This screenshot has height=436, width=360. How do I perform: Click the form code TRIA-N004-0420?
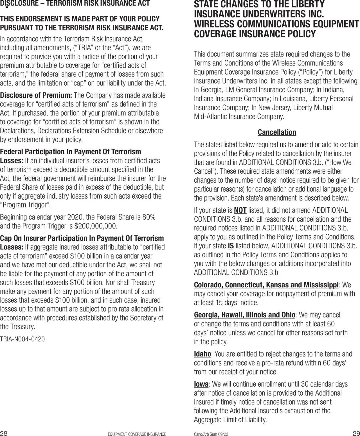[x=22, y=339]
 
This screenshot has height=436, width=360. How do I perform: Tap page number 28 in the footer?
[x=4, y=433]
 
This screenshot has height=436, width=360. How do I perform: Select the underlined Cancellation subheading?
[x=277, y=132]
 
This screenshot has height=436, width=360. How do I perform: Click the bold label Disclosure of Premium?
[x=36, y=95]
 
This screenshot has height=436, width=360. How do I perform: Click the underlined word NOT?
[x=240, y=210]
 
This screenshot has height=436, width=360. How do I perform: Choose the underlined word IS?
[x=231, y=246]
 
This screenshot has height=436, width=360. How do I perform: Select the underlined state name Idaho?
[x=202, y=354]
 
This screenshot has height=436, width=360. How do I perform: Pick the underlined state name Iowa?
[x=201, y=384]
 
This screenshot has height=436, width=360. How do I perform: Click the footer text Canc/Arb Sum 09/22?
[x=211, y=434]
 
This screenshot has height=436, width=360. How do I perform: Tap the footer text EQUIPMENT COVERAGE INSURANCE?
[x=137, y=434]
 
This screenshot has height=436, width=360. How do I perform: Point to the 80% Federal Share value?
[x=149, y=217]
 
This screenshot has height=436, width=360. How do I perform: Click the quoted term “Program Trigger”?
[x=26, y=205]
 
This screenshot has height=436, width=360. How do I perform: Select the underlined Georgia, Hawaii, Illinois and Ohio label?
[x=244, y=315]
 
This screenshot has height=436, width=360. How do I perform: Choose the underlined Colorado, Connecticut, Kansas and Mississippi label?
[x=266, y=285]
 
